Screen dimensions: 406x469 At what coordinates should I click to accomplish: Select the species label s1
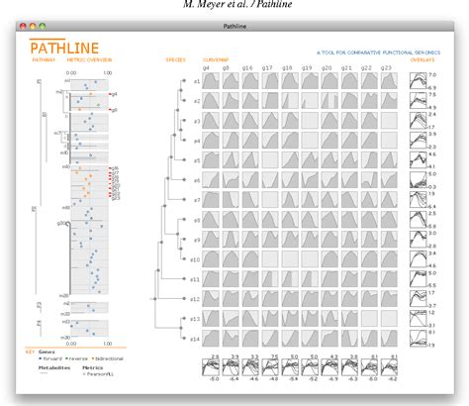(x=196, y=80)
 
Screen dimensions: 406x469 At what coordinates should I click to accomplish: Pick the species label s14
(x=195, y=338)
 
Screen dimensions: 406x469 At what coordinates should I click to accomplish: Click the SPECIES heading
(x=176, y=59)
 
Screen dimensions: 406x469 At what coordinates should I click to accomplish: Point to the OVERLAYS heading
(x=423, y=59)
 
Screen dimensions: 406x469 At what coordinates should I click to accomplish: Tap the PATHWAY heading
(x=42, y=59)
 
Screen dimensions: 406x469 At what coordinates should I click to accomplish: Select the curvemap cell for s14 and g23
(x=388, y=338)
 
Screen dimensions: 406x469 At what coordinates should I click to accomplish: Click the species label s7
(x=196, y=199)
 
